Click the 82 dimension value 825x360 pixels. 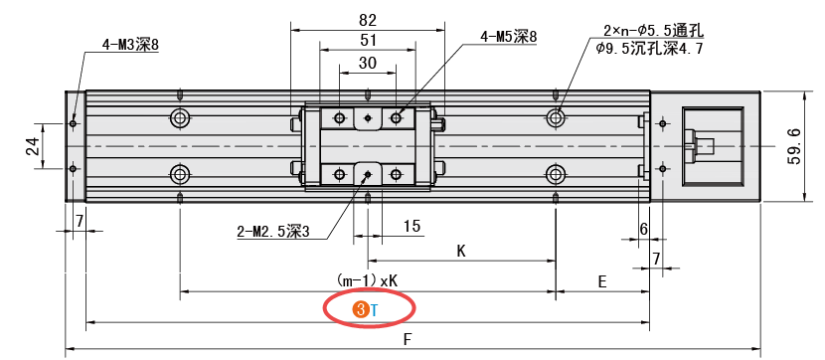(x=368, y=20)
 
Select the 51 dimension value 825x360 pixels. (x=368, y=41)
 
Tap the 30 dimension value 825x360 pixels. (x=367, y=64)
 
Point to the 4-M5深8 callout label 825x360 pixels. (x=508, y=37)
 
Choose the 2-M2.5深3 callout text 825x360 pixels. (x=273, y=231)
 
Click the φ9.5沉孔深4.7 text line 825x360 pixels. (x=650, y=49)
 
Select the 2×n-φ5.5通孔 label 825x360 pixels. (x=654, y=31)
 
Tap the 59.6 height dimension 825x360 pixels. (x=794, y=146)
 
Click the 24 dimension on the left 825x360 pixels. (x=32, y=146)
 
